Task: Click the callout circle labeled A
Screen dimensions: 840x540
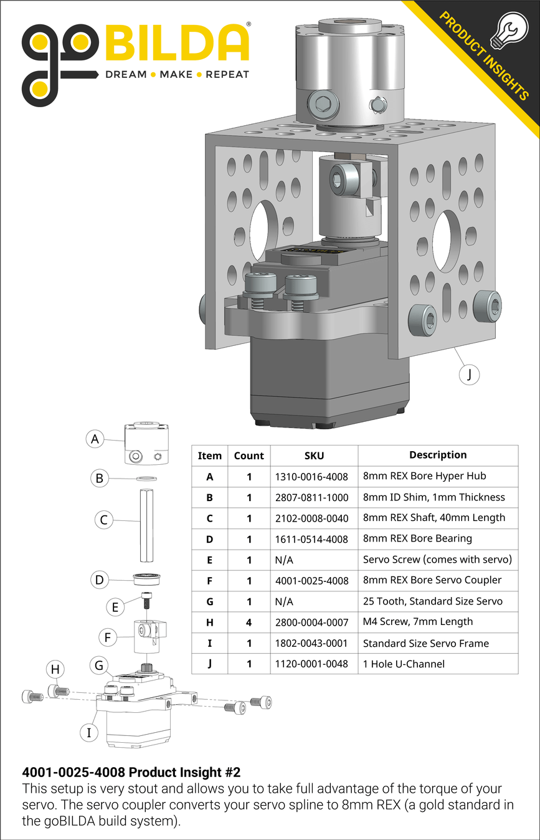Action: (95, 439)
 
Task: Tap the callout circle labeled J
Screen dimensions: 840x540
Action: (468, 375)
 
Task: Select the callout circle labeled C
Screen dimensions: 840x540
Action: (105, 520)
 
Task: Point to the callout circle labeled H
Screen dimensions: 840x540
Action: (55, 669)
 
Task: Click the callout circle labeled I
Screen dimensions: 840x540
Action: (89, 733)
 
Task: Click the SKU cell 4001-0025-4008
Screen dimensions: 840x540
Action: (311, 581)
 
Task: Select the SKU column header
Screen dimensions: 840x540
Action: (314, 456)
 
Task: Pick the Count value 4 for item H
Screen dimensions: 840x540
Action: (249, 622)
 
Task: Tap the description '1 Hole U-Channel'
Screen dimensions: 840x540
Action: (404, 664)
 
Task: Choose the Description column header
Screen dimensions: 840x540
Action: (437, 455)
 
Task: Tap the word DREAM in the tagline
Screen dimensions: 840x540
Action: (125, 75)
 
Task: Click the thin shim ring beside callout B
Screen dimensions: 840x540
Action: (146, 479)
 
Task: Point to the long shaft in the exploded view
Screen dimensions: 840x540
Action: (146, 527)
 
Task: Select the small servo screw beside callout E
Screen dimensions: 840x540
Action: (147, 599)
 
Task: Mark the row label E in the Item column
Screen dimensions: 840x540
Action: (209, 560)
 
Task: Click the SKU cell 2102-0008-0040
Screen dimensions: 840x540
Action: (311, 518)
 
